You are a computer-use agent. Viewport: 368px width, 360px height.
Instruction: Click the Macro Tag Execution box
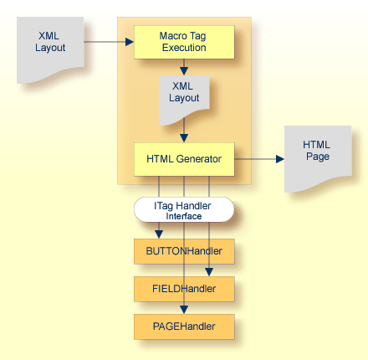tap(183, 42)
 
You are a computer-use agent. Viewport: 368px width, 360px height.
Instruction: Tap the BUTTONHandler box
tap(183, 250)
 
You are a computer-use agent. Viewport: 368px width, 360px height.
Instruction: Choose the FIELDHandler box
tap(183, 289)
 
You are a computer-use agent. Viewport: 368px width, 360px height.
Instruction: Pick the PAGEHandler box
tap(183, 327)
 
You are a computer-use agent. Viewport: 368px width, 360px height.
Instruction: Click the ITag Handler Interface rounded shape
tap(183, 209)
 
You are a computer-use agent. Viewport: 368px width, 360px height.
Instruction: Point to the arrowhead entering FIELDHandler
tap(209, 272)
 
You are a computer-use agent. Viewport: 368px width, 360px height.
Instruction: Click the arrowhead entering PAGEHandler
tap(184, 310)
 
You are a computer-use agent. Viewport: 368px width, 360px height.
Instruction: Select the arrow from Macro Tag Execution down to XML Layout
tap(183, 67)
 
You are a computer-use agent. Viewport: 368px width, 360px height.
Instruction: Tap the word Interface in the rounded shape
tap(183, 215)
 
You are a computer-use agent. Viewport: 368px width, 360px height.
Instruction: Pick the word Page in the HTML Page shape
tap(317, 157)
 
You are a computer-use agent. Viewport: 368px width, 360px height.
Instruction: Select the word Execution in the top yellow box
tap(183, 48)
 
